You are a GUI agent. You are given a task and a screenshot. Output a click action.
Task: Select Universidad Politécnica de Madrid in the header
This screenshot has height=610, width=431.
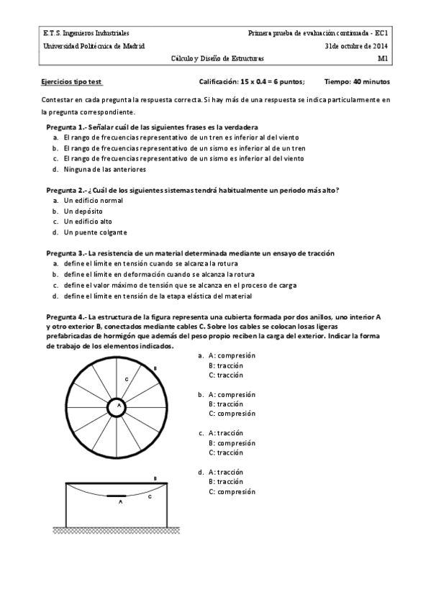pos(94,45)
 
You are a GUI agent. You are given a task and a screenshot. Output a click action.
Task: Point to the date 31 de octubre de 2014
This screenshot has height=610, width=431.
pos(356,45)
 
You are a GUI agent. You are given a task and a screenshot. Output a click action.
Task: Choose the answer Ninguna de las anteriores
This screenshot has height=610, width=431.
pos(104,170)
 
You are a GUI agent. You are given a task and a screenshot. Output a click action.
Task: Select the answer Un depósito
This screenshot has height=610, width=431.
pos(83,211)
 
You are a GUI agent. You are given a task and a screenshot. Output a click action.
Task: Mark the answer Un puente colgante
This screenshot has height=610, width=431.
pos(95,232)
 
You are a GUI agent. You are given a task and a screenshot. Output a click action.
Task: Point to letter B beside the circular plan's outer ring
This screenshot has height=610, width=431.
pos(155,368)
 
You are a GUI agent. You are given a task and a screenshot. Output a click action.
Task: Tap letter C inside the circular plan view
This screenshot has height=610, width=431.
pos(127,378)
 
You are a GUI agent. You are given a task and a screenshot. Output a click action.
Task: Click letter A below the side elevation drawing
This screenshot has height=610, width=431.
pos(120,502)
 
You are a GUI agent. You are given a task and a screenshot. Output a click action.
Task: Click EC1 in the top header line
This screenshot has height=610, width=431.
pos(382,33)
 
